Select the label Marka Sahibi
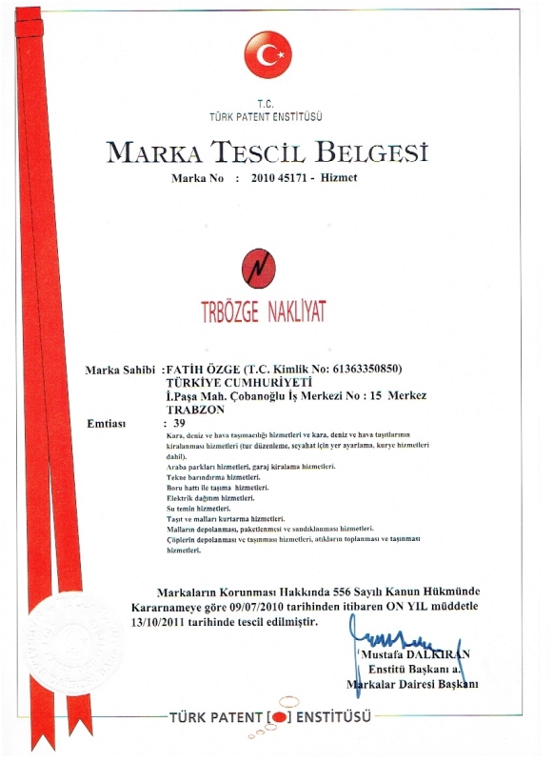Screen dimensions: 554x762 (121, 369)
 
